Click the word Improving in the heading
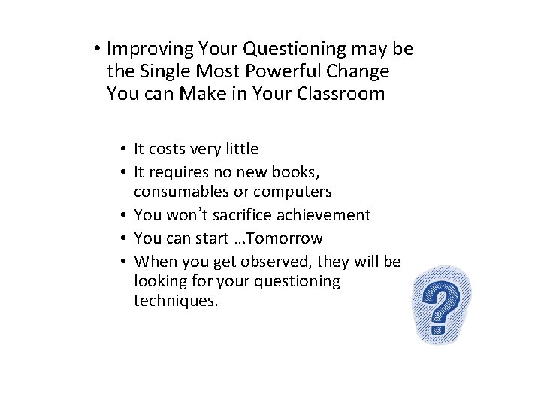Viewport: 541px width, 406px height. point(150,50)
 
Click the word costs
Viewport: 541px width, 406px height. point(171,150)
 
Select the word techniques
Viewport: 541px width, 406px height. point(175,301)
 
